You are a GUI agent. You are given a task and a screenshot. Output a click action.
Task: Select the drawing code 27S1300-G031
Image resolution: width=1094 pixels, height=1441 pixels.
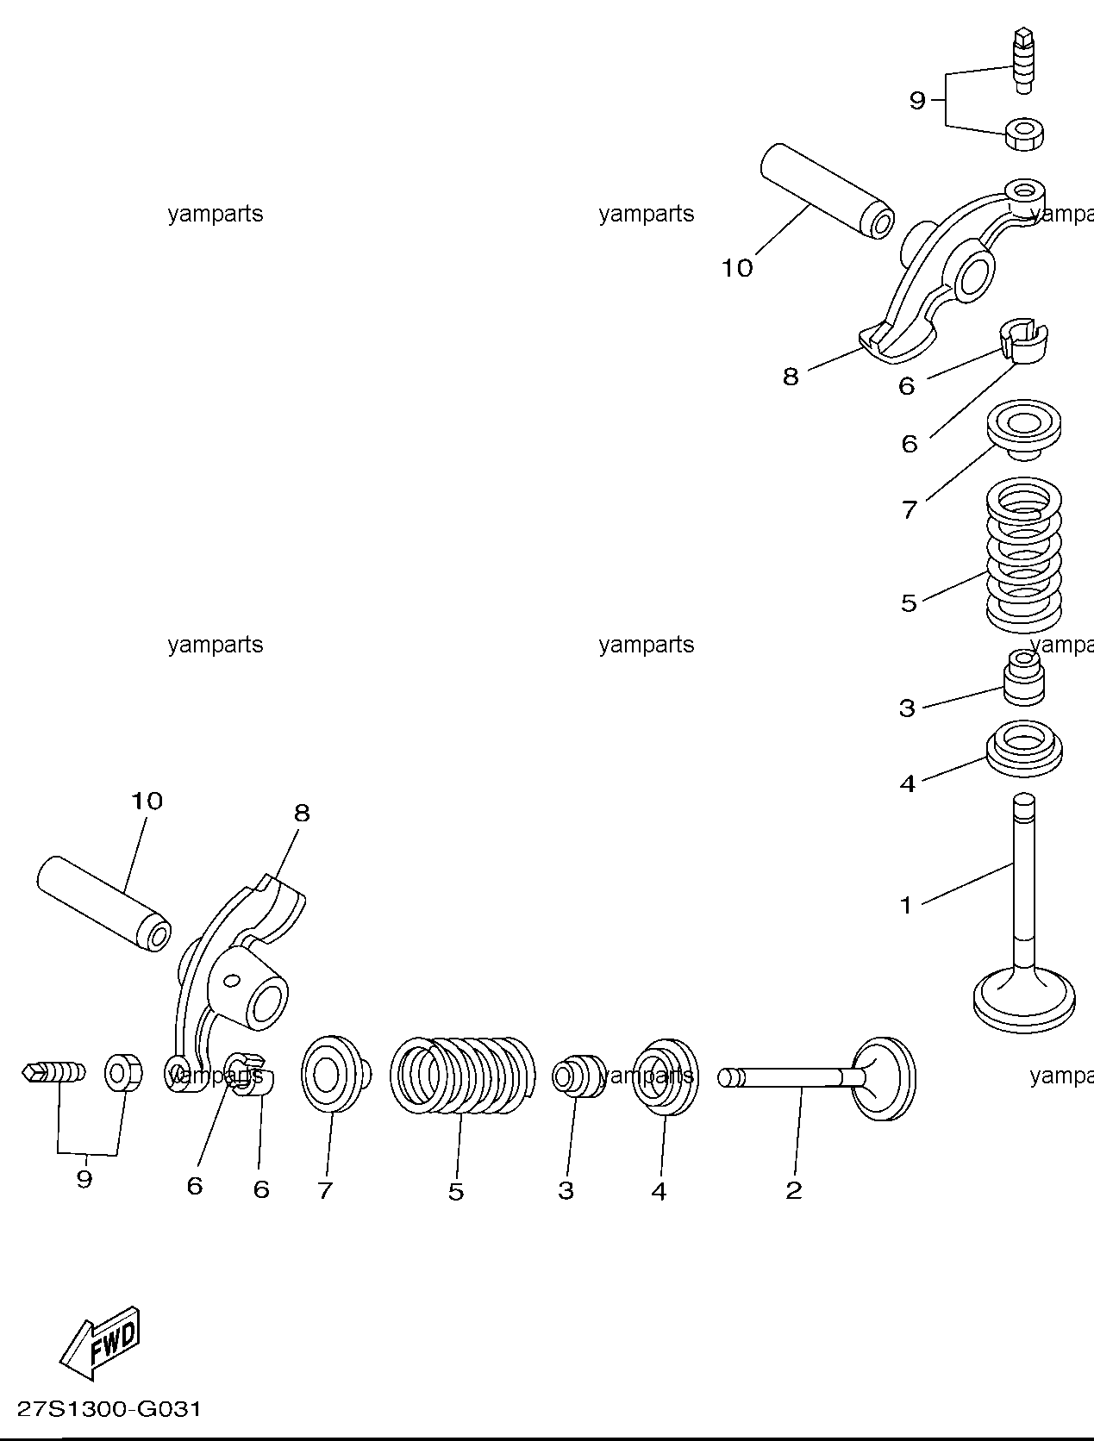point(109,1409)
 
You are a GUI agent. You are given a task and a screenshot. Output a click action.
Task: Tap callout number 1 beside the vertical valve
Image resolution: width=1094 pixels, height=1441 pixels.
point(906,906)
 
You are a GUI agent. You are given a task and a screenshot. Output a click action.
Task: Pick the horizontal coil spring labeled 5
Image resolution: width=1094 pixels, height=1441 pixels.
point(462,1076)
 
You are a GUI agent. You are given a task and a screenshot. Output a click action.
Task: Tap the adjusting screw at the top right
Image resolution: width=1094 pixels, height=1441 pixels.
point(1023,62)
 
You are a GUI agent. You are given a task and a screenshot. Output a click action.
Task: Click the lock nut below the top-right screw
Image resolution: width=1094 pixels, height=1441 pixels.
point(1024,134)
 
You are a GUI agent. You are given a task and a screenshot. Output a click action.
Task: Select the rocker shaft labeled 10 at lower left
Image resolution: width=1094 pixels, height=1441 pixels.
point(103,904)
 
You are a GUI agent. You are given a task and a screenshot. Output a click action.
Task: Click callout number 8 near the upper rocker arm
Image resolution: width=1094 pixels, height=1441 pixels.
point(791,377)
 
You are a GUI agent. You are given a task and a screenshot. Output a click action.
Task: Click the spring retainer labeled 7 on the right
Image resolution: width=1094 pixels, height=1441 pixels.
point(1024,429)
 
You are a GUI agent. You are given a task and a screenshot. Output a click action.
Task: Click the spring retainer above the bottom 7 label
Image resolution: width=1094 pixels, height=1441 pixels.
point(334,1075)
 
